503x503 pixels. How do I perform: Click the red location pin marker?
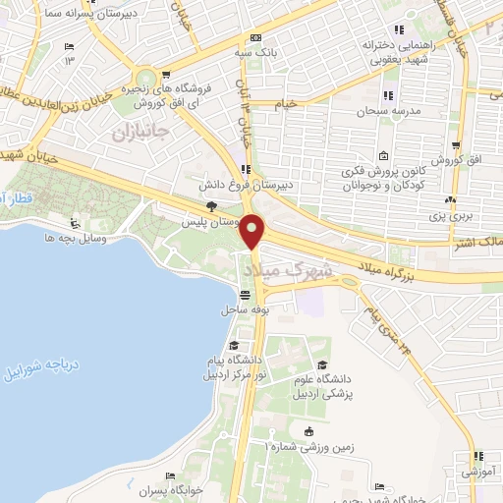254,230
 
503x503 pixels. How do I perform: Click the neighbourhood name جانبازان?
141,129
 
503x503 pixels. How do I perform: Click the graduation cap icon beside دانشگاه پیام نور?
234,346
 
